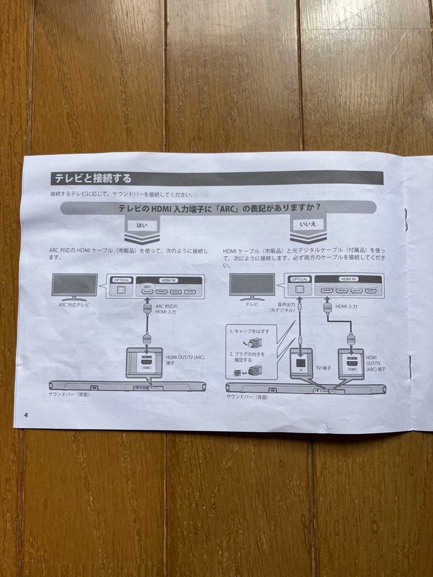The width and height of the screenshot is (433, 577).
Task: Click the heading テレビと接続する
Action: coord(91,178)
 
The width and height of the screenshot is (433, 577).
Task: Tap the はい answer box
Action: coord(142,225)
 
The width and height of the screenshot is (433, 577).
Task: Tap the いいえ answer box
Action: coord(311,224)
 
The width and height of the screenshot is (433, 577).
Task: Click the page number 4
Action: coord(25,415)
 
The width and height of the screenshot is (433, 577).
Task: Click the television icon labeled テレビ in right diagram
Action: coord(252,286)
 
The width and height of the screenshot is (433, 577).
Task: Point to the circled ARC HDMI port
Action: coord(148,292)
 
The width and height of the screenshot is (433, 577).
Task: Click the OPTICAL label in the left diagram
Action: coord(122,279)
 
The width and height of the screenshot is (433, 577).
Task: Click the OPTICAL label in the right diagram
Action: coord(300,279)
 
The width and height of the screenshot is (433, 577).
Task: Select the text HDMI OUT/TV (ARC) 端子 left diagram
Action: coord(185,361)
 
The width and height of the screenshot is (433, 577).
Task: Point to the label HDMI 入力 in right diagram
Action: coord(346,306)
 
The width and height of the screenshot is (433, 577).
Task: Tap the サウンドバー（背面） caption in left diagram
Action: coord(68,394)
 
